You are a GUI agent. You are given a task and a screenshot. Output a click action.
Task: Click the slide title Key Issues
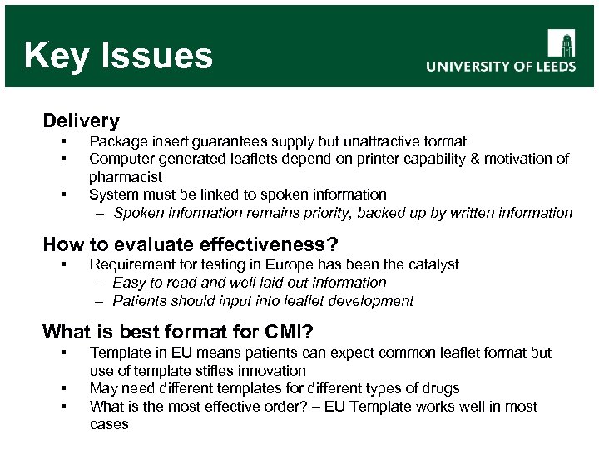(118, 56)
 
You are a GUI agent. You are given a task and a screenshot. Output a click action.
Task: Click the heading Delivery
(81, 121)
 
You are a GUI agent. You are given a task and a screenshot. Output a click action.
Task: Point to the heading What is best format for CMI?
(177, 333)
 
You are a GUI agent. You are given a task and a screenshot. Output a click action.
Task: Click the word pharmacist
(126, 176)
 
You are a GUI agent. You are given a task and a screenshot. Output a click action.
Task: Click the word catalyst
(430, 264)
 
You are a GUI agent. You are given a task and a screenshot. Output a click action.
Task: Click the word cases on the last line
(109, 424)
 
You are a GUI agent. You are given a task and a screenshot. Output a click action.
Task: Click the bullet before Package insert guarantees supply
(62, 141)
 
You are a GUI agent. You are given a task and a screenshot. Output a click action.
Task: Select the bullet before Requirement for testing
(62, 264)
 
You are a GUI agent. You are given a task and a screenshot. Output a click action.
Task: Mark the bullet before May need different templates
(62, 388)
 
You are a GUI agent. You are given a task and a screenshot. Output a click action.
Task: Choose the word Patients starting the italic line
(138, 300)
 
